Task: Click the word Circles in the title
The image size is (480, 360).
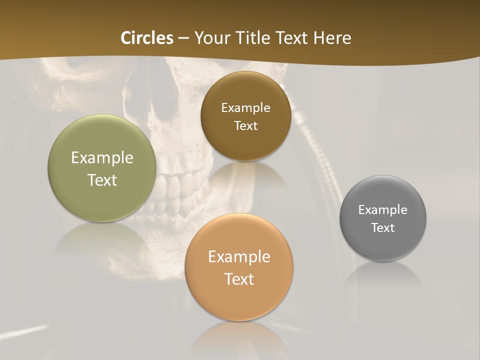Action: coord(147,38)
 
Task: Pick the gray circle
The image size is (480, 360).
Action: coord(383,245)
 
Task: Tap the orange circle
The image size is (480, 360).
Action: coord(239,300)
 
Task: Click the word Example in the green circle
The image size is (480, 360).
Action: coord(102,158)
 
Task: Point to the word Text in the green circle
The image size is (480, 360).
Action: coord(102,180)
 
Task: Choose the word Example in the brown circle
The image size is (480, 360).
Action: coord(245,108)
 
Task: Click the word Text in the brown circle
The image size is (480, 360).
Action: coord(245,125)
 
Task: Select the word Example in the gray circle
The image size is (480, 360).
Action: coord(383,210)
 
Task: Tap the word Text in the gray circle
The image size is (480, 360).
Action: coord(383,227)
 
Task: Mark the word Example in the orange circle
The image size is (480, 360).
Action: coord(239,257)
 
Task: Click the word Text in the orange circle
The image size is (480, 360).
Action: coord(239,279)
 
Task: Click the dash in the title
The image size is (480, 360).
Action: coord(183,38)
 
